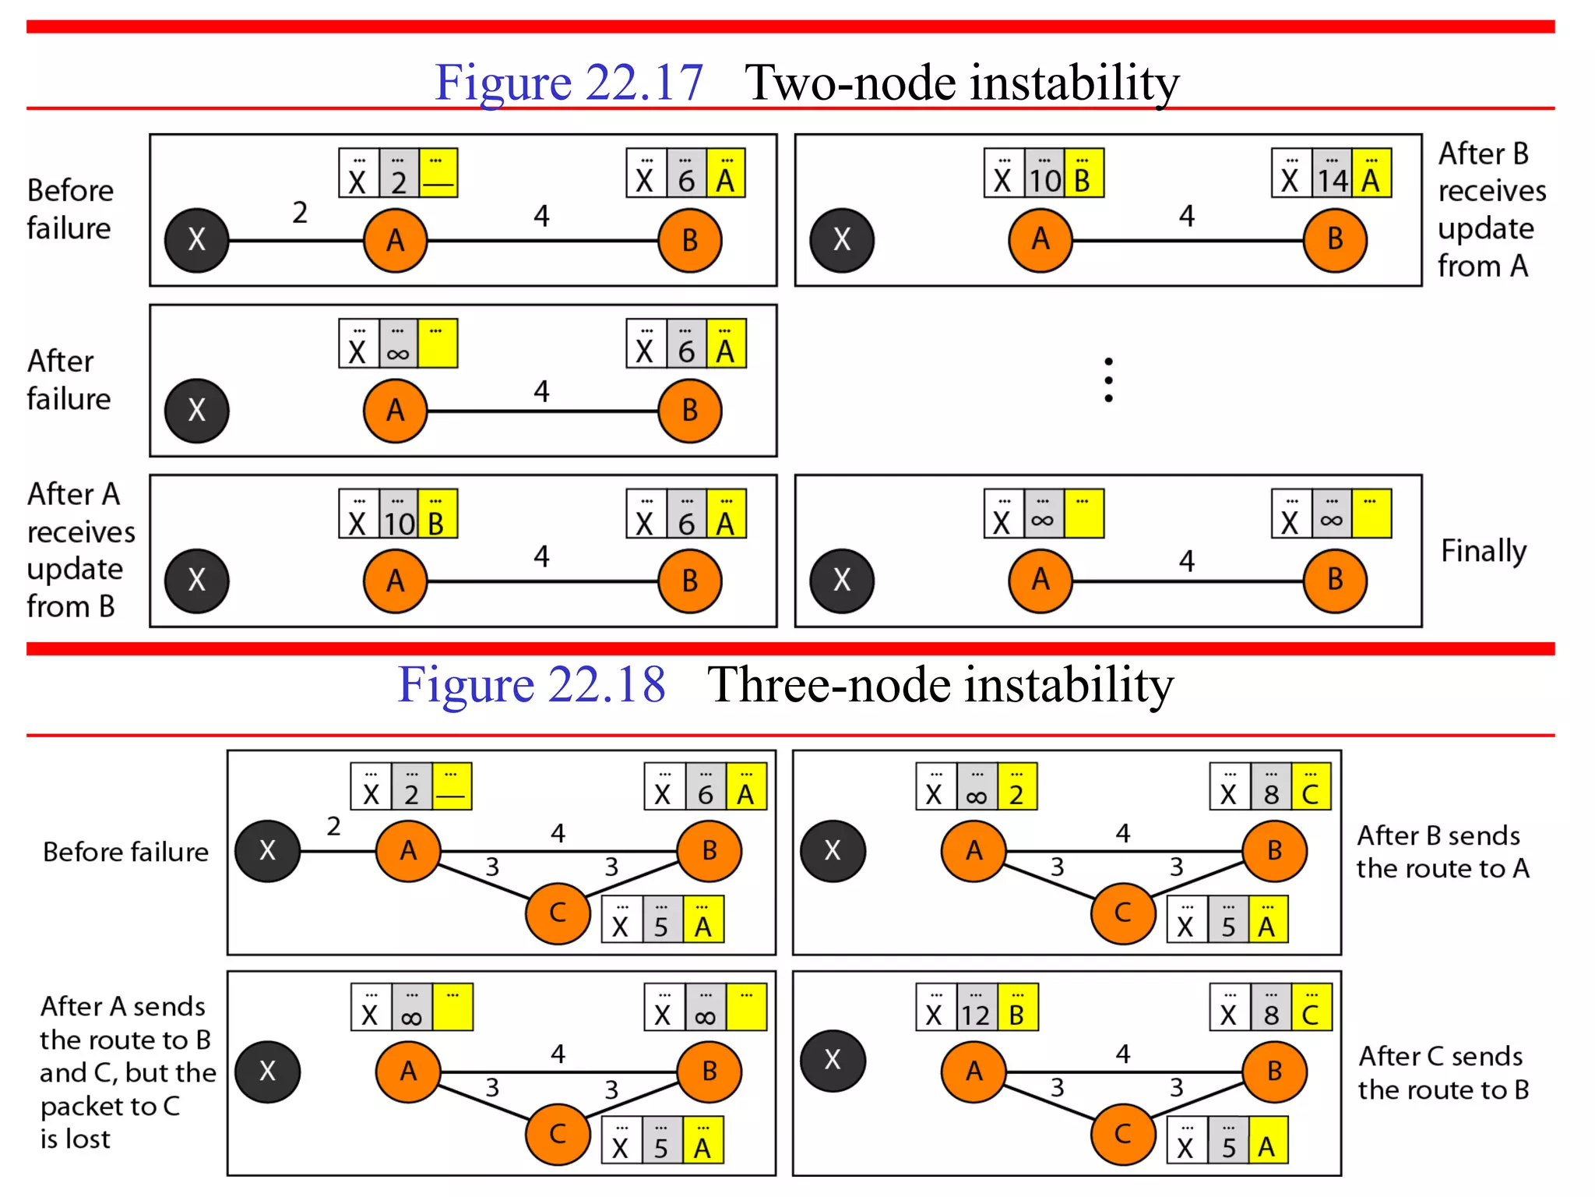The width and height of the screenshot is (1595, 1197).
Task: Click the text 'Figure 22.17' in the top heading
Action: click(569, 82)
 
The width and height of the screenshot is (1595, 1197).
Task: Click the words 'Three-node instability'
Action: click(940, 684)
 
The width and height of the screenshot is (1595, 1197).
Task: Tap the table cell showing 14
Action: click(1332, 179)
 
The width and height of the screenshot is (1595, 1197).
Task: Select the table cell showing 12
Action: click(974, 1013)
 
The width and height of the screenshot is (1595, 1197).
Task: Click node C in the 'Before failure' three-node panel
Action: click(558, 913)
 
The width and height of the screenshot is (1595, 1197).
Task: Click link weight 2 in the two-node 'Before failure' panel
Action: click(300, 212)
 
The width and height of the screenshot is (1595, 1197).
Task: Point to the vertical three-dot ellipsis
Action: click(1108, 380)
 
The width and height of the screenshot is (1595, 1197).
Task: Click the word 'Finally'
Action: click(1484, 551)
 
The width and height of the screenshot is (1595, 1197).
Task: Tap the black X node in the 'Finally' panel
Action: click(842, 581)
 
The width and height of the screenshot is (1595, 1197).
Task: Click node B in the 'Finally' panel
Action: click(1335, 581)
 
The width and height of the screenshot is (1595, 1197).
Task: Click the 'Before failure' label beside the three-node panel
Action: click(125, 852)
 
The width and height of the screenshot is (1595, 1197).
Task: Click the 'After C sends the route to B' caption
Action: click(1443, 1072)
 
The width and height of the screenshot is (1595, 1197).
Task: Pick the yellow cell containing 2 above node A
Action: click(1016, 793)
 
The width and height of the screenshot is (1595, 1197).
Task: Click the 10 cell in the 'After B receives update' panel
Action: click(1044, 179)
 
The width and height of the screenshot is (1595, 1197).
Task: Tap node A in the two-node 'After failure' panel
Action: click(396, 411)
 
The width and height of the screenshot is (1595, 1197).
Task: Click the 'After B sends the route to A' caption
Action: click(1442, 852)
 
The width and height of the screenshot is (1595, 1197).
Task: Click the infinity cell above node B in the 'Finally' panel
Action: click(1331, 518)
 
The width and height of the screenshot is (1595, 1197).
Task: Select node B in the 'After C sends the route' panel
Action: click(1274, 1071)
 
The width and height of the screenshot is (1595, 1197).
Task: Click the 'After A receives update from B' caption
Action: click(80, 550)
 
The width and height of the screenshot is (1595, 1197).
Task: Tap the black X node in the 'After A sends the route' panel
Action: click(267, 1072)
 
